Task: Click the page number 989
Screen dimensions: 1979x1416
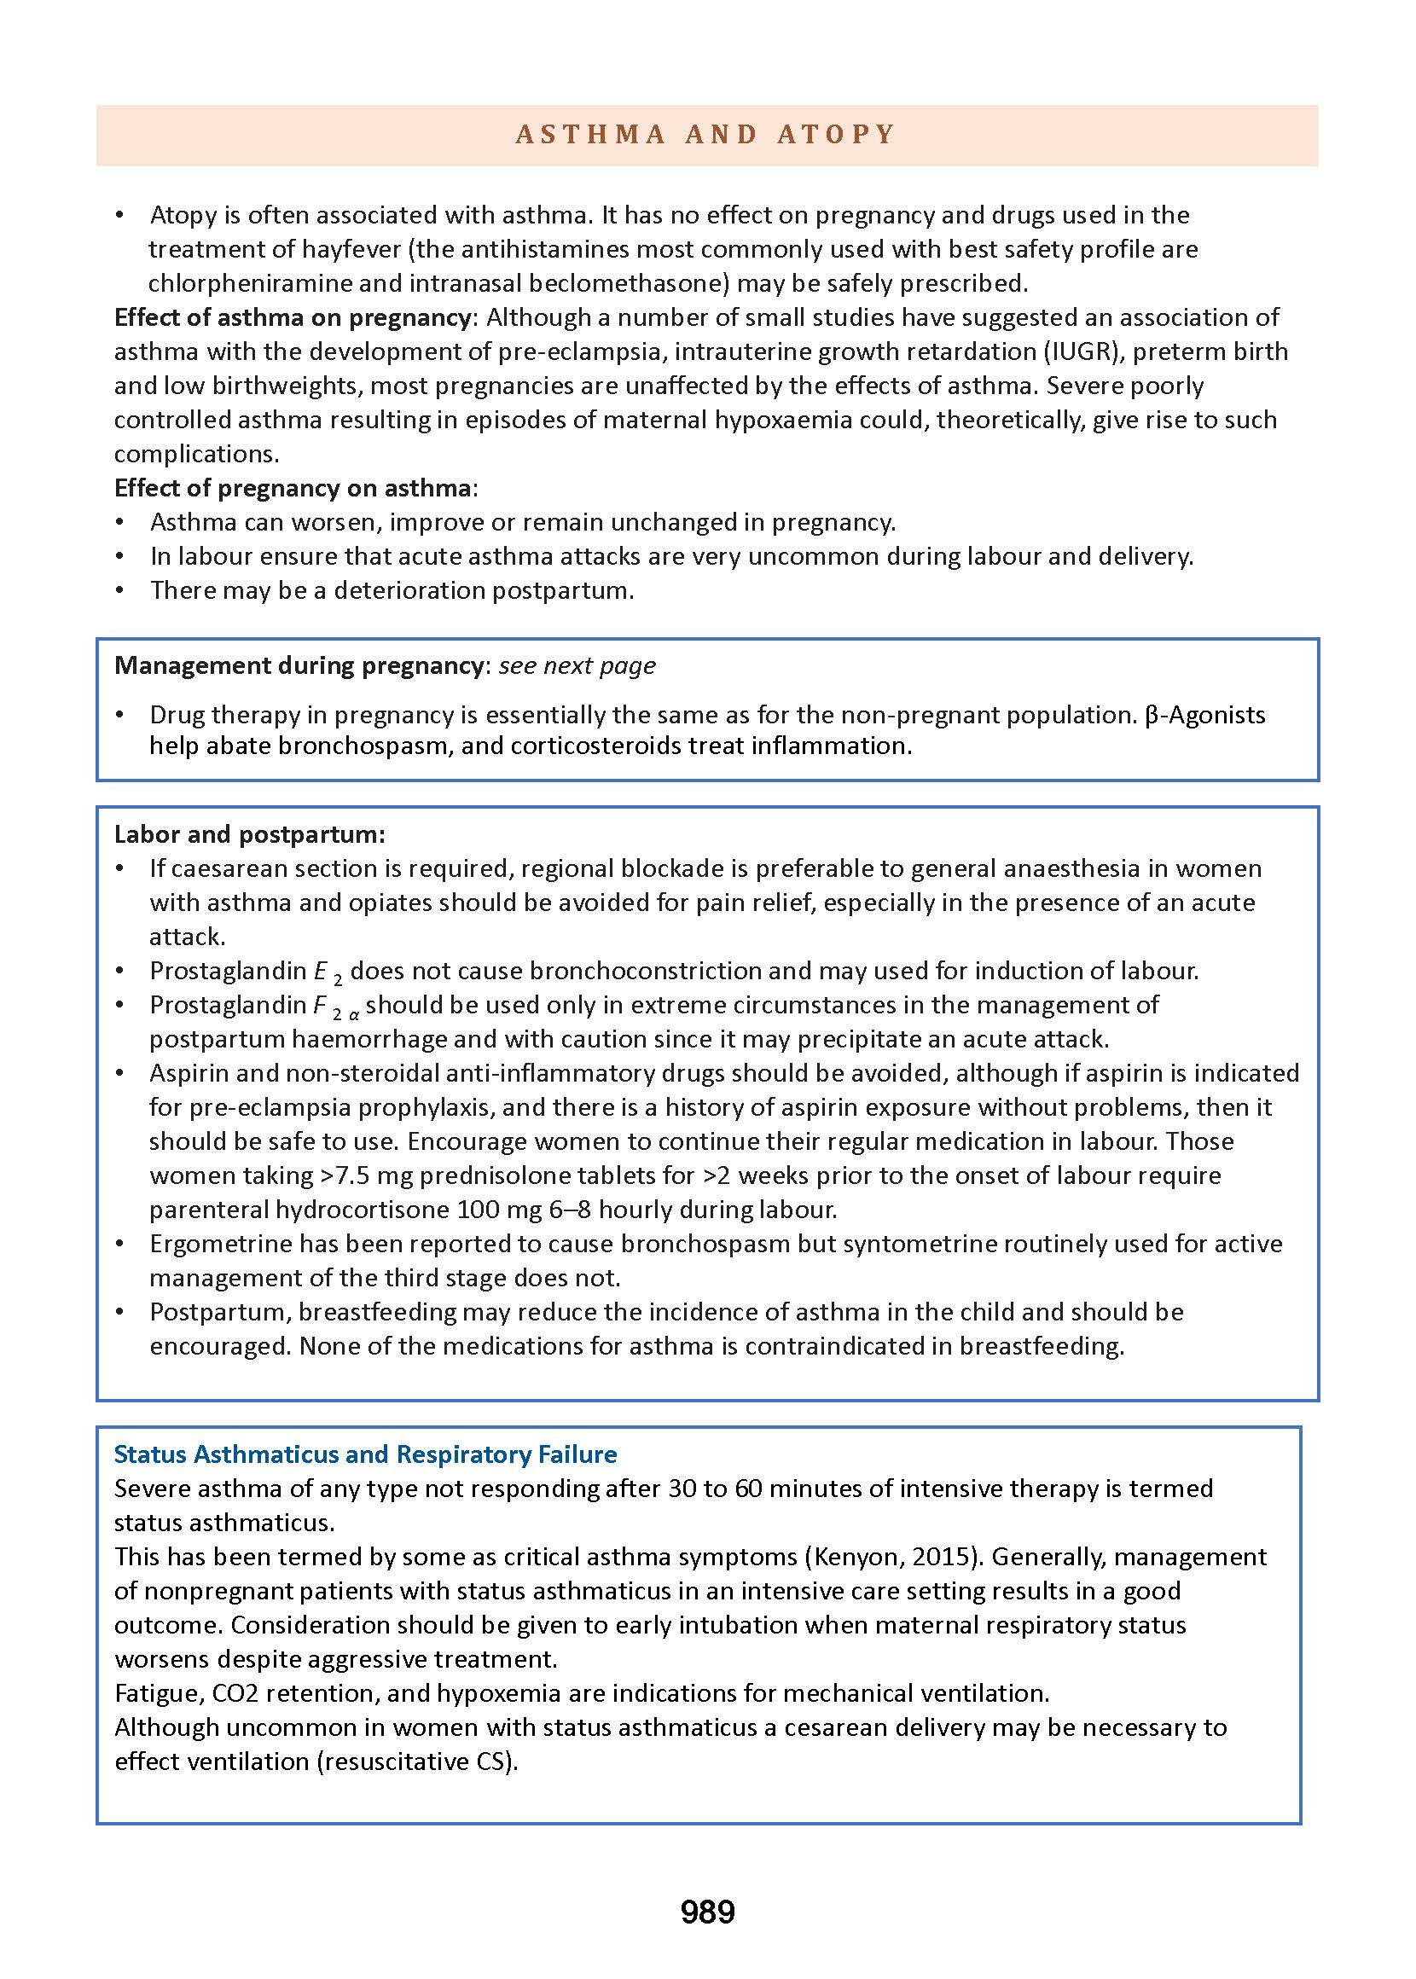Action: click(707, 1912)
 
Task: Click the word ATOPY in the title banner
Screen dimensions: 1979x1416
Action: click(835, 134)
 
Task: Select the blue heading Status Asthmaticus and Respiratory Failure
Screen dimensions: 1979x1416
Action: click(365, 1454)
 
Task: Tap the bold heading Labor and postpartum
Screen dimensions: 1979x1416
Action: click(249, 834)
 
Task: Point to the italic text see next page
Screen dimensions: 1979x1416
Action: click(577, 666)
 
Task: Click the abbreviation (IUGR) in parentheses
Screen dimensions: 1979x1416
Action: click(1075, 351)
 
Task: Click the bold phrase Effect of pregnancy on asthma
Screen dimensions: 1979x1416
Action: click(293, 487)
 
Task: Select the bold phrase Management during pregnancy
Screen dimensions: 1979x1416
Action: click(299, 666)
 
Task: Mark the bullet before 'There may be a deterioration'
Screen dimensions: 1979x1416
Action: click(120, 591)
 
